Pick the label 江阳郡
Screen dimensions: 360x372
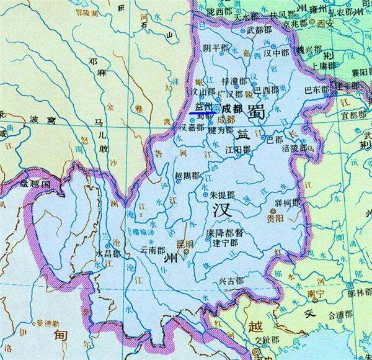point(238,150)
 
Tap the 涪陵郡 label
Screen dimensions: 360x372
point(294,148)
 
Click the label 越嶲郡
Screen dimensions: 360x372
point(188,176)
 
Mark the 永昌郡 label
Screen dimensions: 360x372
point(107,253)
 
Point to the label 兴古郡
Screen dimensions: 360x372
point(231,281)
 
